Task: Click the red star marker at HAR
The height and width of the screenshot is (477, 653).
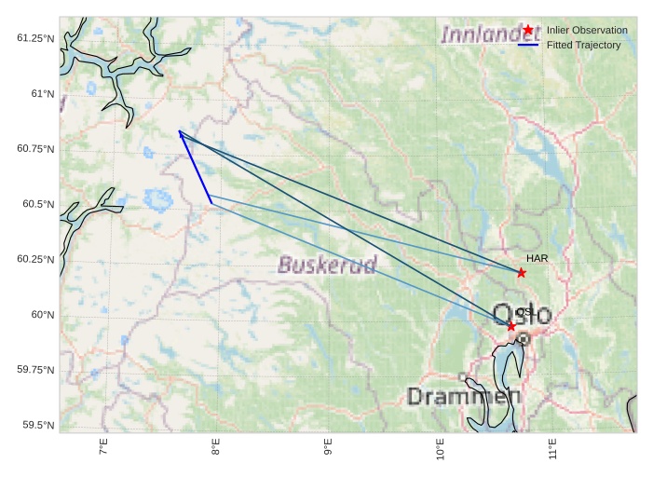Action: pyautogui.click(x=522, y=272)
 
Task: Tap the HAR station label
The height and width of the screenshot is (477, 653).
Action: pyautogui.click(x=537, y=258)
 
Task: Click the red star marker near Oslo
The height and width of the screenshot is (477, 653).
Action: pyautogui.click(x=510, y=326)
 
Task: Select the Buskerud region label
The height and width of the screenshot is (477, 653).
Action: pyautogui.click(x=327, y=266)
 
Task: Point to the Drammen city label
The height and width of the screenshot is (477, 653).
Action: pyautogui.click(x=464, y=397)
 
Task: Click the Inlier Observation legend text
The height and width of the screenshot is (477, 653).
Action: pyautogui.click(x=587, y=30)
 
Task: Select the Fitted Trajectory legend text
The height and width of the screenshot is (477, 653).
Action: pyautogui.click(x=583, y=45)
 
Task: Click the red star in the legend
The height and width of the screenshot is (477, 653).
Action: pyautogui.click(x=528, y=30)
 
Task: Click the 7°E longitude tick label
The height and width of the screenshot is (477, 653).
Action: pyautogui.click(x=103, y=448)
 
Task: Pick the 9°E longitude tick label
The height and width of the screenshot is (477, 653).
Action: pyautogui.click(x=328, y=448)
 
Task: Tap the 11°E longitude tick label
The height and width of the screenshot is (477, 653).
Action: pyautogui.click(x=551, y=448)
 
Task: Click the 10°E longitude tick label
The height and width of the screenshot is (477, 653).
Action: pyautogui.click(x=440, y=450)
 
